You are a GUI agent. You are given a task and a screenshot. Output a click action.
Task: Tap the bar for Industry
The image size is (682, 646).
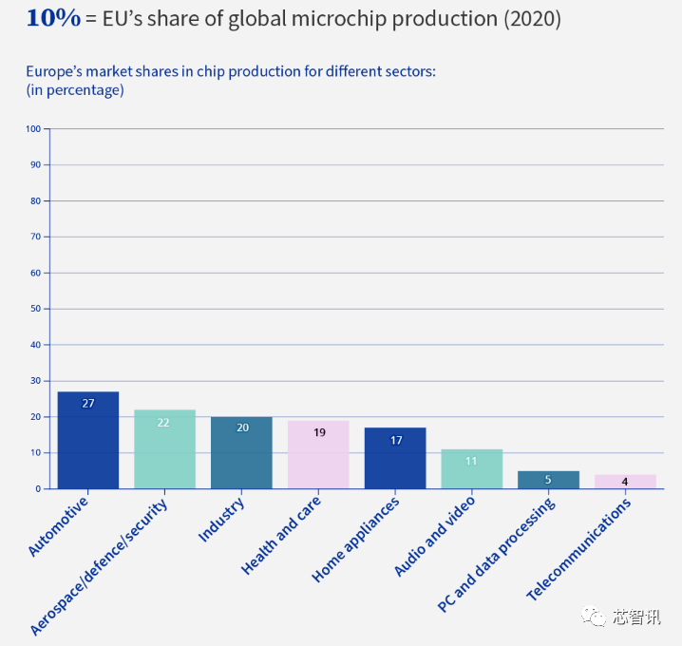[x=241, y=453]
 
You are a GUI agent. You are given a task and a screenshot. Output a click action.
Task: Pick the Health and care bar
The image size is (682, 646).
[x=318, y=455]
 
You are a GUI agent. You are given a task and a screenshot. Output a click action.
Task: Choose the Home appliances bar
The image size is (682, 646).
[x=395, y=458]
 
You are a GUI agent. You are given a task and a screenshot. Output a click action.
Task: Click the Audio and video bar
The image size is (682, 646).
[x=472, y=469]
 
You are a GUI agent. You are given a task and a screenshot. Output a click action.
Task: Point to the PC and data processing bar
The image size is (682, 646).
[x=548, y=480]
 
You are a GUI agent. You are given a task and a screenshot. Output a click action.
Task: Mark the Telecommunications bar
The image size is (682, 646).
[x=625, y=482]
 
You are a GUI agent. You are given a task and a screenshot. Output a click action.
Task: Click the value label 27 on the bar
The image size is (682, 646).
[x=88, y=404]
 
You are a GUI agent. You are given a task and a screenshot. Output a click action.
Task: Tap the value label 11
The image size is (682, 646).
[x=472, y=462]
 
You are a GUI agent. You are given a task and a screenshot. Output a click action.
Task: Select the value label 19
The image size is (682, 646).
[x=319, y=433]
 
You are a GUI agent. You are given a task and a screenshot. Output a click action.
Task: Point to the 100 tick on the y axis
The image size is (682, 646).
[x=33, y=129]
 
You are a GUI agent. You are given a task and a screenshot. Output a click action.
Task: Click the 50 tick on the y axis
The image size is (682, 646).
[x=35, y=309]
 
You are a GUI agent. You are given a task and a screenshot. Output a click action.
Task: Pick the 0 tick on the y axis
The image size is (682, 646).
[x=38, y=488]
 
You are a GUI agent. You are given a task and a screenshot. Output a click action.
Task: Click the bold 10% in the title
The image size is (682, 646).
[x=53, y=18]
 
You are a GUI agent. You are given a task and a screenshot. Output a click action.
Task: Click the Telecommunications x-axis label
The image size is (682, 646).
[x=581, y=548]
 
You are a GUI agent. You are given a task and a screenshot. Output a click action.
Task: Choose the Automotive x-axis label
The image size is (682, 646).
[x=60, y=523]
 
